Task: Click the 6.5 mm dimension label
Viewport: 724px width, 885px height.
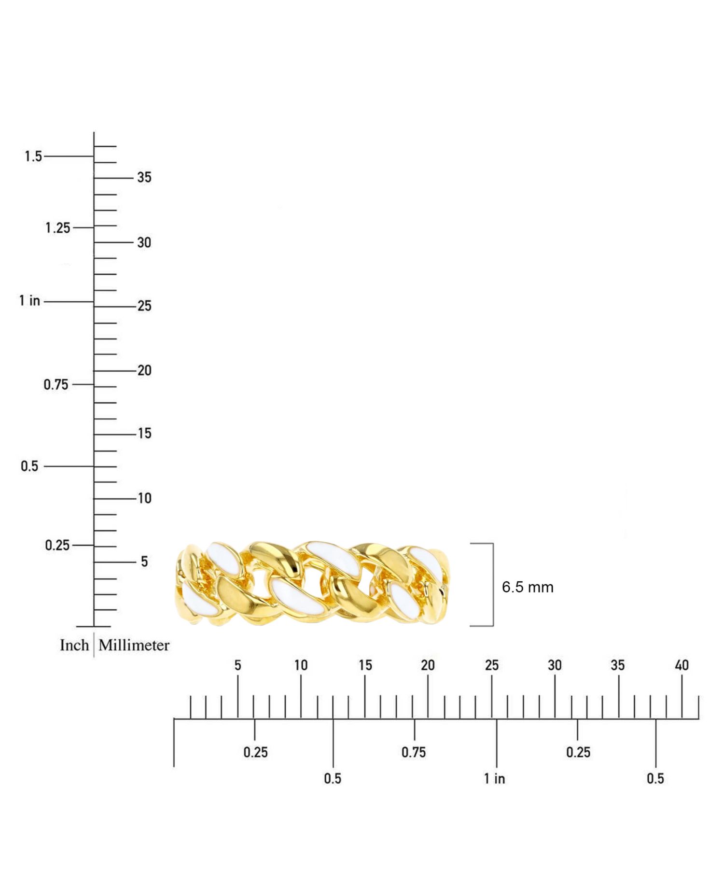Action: pyautogui.click(x=528, y=587)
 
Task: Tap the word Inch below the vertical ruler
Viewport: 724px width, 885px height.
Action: pyautogui.click(x=74, y=645)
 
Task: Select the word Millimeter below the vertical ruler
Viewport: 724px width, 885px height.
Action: pyautogui.click(x=134, y=645)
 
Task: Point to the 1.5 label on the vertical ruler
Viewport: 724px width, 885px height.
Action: pyautogui.click(x=33, y=156)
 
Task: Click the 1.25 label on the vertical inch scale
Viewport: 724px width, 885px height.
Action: pyautogui.click(x=57, y=227)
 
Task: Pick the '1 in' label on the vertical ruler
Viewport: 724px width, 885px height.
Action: pyautogui.click(x=29, y=301)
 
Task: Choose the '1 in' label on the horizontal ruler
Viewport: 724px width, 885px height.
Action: pyautogui.click(x=495, y=778)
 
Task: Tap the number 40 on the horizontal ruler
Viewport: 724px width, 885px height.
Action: pyautogui.click(x=682, y=665)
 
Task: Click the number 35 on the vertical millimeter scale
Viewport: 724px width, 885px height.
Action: pyautogui.click(x=144, y=177)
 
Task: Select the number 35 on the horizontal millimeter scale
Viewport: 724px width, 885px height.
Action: pyautogui.click(x=617, y=665)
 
